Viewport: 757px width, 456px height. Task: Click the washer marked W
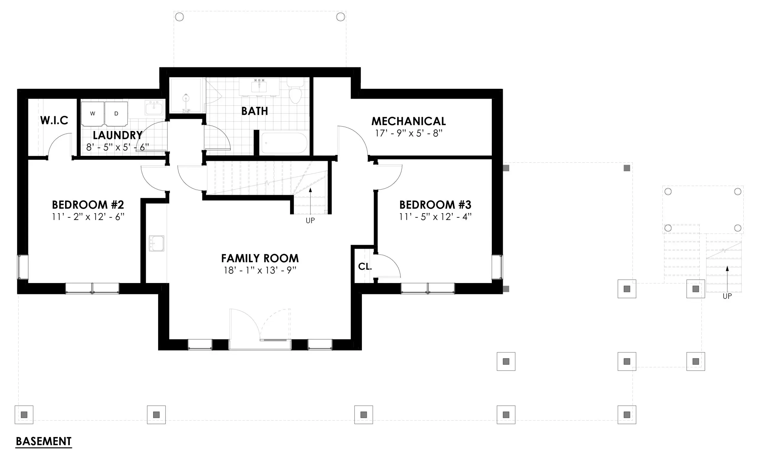(x=93, y=114)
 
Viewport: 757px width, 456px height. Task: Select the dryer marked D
(x=116, y=114)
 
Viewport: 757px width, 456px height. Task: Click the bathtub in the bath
(x=284, y=143)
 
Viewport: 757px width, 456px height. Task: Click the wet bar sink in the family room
(x=156, y=243)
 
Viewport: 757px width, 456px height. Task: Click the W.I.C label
(x=54, y=120)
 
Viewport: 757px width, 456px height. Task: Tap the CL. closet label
(x=365, y=266)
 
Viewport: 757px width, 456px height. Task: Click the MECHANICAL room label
(x=408, y=121)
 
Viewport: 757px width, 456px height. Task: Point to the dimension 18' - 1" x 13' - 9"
(x=260, y=270)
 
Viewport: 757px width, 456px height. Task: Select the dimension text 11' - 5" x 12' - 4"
(x=435, y=217)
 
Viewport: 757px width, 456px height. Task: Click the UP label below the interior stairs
(x=310, y=221)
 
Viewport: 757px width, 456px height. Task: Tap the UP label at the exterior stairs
(x=727, y=296)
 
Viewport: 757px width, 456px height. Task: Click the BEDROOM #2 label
(x=88, y=205)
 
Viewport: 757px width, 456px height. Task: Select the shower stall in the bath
(x=186, y=95)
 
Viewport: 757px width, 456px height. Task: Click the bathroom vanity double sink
(x=259, y=86)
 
